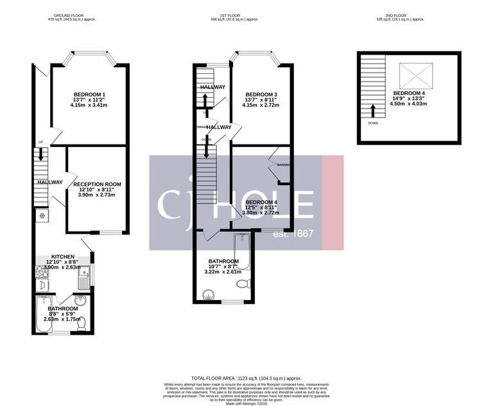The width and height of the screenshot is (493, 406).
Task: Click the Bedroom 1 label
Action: point(89,100)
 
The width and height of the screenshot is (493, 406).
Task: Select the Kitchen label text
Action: point(63,256)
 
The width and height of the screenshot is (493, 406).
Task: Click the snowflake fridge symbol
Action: point(42,215)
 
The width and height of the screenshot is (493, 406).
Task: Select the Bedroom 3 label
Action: point(259,100)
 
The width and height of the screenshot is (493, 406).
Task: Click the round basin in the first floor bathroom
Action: point(207,296)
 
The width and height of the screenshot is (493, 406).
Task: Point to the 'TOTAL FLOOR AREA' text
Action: point(246,378)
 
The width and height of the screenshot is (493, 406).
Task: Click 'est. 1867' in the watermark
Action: point(293,233)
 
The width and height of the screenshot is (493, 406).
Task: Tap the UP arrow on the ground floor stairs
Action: point(42,154)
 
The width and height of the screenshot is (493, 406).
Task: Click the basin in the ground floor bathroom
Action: point(80,301)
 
